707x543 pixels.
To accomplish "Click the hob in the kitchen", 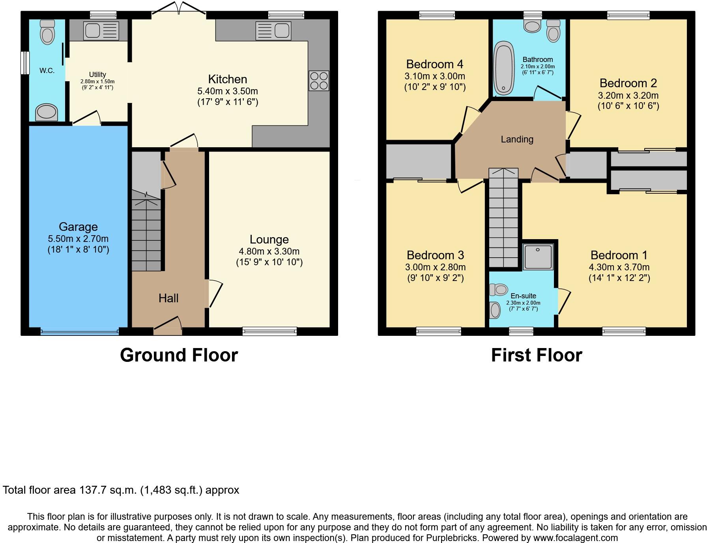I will point(319,81).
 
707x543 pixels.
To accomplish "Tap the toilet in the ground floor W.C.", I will point(47,32).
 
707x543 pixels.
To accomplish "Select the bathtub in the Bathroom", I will point(504,69).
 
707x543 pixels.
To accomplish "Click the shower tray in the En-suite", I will point(538,257).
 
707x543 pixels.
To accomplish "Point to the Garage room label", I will point(78,227).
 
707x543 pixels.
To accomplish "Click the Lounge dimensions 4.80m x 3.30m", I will point(269,251).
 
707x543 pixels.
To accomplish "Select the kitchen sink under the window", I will point(273,30).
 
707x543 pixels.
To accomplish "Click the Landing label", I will point(517,139).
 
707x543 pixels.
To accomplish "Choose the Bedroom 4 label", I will point(435,64).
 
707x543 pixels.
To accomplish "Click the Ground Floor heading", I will point(179,355).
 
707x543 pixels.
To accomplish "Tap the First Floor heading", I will point(536,355).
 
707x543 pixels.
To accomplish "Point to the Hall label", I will point(168,298).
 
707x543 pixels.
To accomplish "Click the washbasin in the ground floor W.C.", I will point(47,112).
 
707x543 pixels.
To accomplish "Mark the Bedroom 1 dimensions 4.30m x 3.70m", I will point(619,267).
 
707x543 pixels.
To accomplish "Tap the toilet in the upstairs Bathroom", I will point(554,32).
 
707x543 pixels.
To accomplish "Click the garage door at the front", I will point(79,332).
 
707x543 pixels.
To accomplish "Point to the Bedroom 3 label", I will point(435,255).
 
